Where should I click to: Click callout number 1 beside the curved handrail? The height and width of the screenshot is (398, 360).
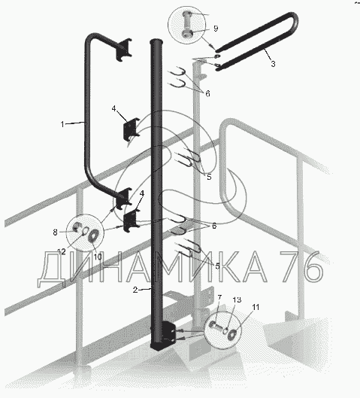[62, 124]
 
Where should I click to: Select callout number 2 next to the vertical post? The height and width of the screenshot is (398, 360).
[135, 290]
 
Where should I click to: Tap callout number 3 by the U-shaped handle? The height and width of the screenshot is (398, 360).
[273, 64]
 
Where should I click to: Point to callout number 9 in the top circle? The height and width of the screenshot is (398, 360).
[216, 29]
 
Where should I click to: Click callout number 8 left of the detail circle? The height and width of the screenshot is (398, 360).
[56, 232]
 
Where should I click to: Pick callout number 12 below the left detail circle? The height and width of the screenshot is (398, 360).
[62, 252]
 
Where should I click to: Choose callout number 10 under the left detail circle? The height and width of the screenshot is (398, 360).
[98, 257]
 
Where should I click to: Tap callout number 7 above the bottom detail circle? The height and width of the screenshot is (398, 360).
[219, 297]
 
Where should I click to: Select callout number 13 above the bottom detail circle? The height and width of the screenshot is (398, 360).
[237, 299]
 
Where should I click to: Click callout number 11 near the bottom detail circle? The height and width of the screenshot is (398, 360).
[256, 307]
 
